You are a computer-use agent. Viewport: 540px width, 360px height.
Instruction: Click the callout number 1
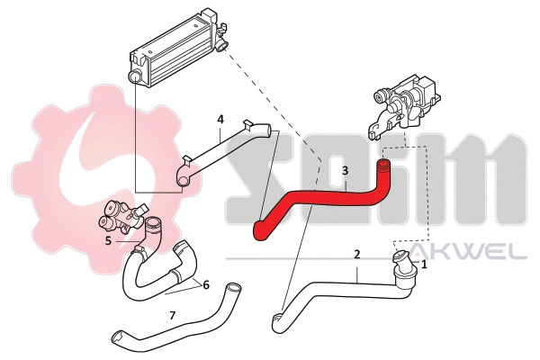[x=425, y=265]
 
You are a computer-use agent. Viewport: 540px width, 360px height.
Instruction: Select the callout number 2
[x=357, y=255]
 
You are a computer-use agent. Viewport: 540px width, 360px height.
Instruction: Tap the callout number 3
[x=344, y=170]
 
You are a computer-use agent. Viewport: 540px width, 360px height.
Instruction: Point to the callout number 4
[x=220, y=120]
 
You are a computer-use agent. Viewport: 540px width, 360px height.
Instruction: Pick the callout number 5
[x=108, y=240]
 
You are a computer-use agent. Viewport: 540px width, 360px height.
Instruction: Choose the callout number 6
[x=205, y=284]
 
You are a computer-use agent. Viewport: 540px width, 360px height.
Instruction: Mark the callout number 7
[x=173, y=315]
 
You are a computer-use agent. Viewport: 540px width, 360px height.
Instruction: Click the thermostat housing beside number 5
[x=122, y=220]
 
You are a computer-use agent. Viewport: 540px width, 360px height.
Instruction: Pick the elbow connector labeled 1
[x=401, y=266]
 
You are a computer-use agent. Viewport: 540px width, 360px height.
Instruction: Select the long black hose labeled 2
[x=342, y=288]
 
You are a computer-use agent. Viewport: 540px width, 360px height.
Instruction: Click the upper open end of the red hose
[x=384, y=166]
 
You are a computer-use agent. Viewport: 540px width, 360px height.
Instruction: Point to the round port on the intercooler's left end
[x=135, y=79]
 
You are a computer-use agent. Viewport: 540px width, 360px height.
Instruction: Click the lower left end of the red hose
[x=260, y=232]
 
